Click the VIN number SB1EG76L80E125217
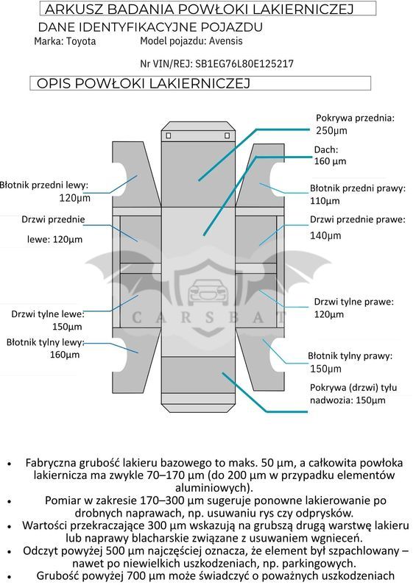coord(244,64)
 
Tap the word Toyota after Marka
coord(81,41)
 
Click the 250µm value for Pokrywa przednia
coord(331,130)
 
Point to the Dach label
coord(326,149)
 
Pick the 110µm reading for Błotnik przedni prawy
coord(325,201)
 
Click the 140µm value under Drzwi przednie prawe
coord(325,235)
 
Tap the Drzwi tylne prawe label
coord(353,302)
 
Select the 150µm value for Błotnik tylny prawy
coord(325,369)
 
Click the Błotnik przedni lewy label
coord(44,185)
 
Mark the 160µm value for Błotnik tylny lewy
coord(65,355)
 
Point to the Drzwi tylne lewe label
coord(48,314)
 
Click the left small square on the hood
coord(169,135)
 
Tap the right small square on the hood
coord(227,135)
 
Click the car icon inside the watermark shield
coord(208,290)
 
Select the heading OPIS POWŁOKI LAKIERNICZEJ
coord(144,83)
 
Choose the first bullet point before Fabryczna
coord(10,464)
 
